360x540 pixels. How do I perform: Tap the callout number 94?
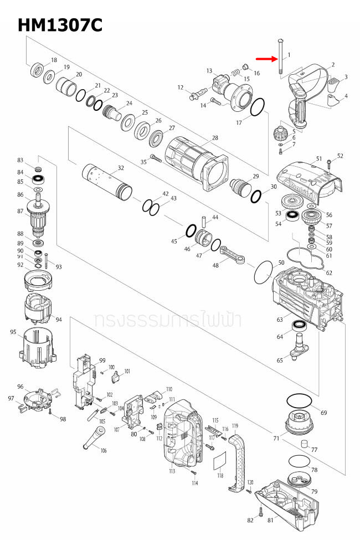[59, 320]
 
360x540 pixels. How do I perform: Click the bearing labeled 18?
[37, 71]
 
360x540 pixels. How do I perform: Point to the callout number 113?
[172, 471]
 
